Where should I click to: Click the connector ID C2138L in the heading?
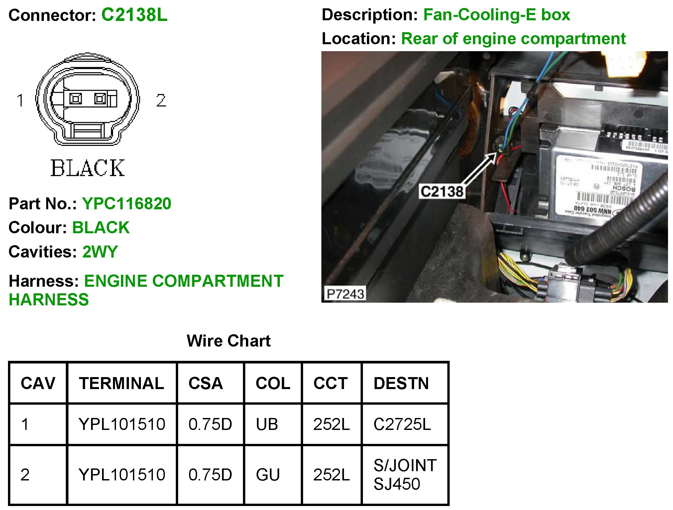pyautogui.click(x=134, y=15)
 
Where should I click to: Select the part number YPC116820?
pyautogui.click(x=127, y=203)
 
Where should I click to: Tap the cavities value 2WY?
pyautogui.click(x=100, y=252)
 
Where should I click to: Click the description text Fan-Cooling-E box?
pyautogui.click(x=497, y=15)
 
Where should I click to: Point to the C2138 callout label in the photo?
pyautogui.click(x=442, y=192)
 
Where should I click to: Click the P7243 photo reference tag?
pyautogui.click(x=345, y=294)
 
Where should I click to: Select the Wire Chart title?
pyautogui.click(x=229, y=341)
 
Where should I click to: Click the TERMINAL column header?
pyautogui.click(x=121, y=383)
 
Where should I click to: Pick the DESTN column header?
pyautogui.click(x=401, y=383)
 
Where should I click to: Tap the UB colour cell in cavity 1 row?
pyautogui.click(x=267, y=424)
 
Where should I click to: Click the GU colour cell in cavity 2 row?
pyautogui.click(x=268, y=474)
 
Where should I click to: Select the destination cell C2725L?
pyautogui.click(x=402, y=424)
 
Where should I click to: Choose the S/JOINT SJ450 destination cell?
pyautogui.click(x=405, y=474)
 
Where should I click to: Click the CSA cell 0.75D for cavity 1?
pyautogui.click(x=210, y=424)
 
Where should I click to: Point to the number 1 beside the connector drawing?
pyautogui.click(x=20, y=100)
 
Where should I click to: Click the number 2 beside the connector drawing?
pyautogui.click(x=161, y=100)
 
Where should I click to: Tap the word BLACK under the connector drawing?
pyautogui.click(x=87, y=168)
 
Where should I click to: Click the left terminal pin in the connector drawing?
pyautogui.click(x=75, y=99)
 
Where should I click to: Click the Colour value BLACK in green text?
pyautogui.click(x=101, y=228)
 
